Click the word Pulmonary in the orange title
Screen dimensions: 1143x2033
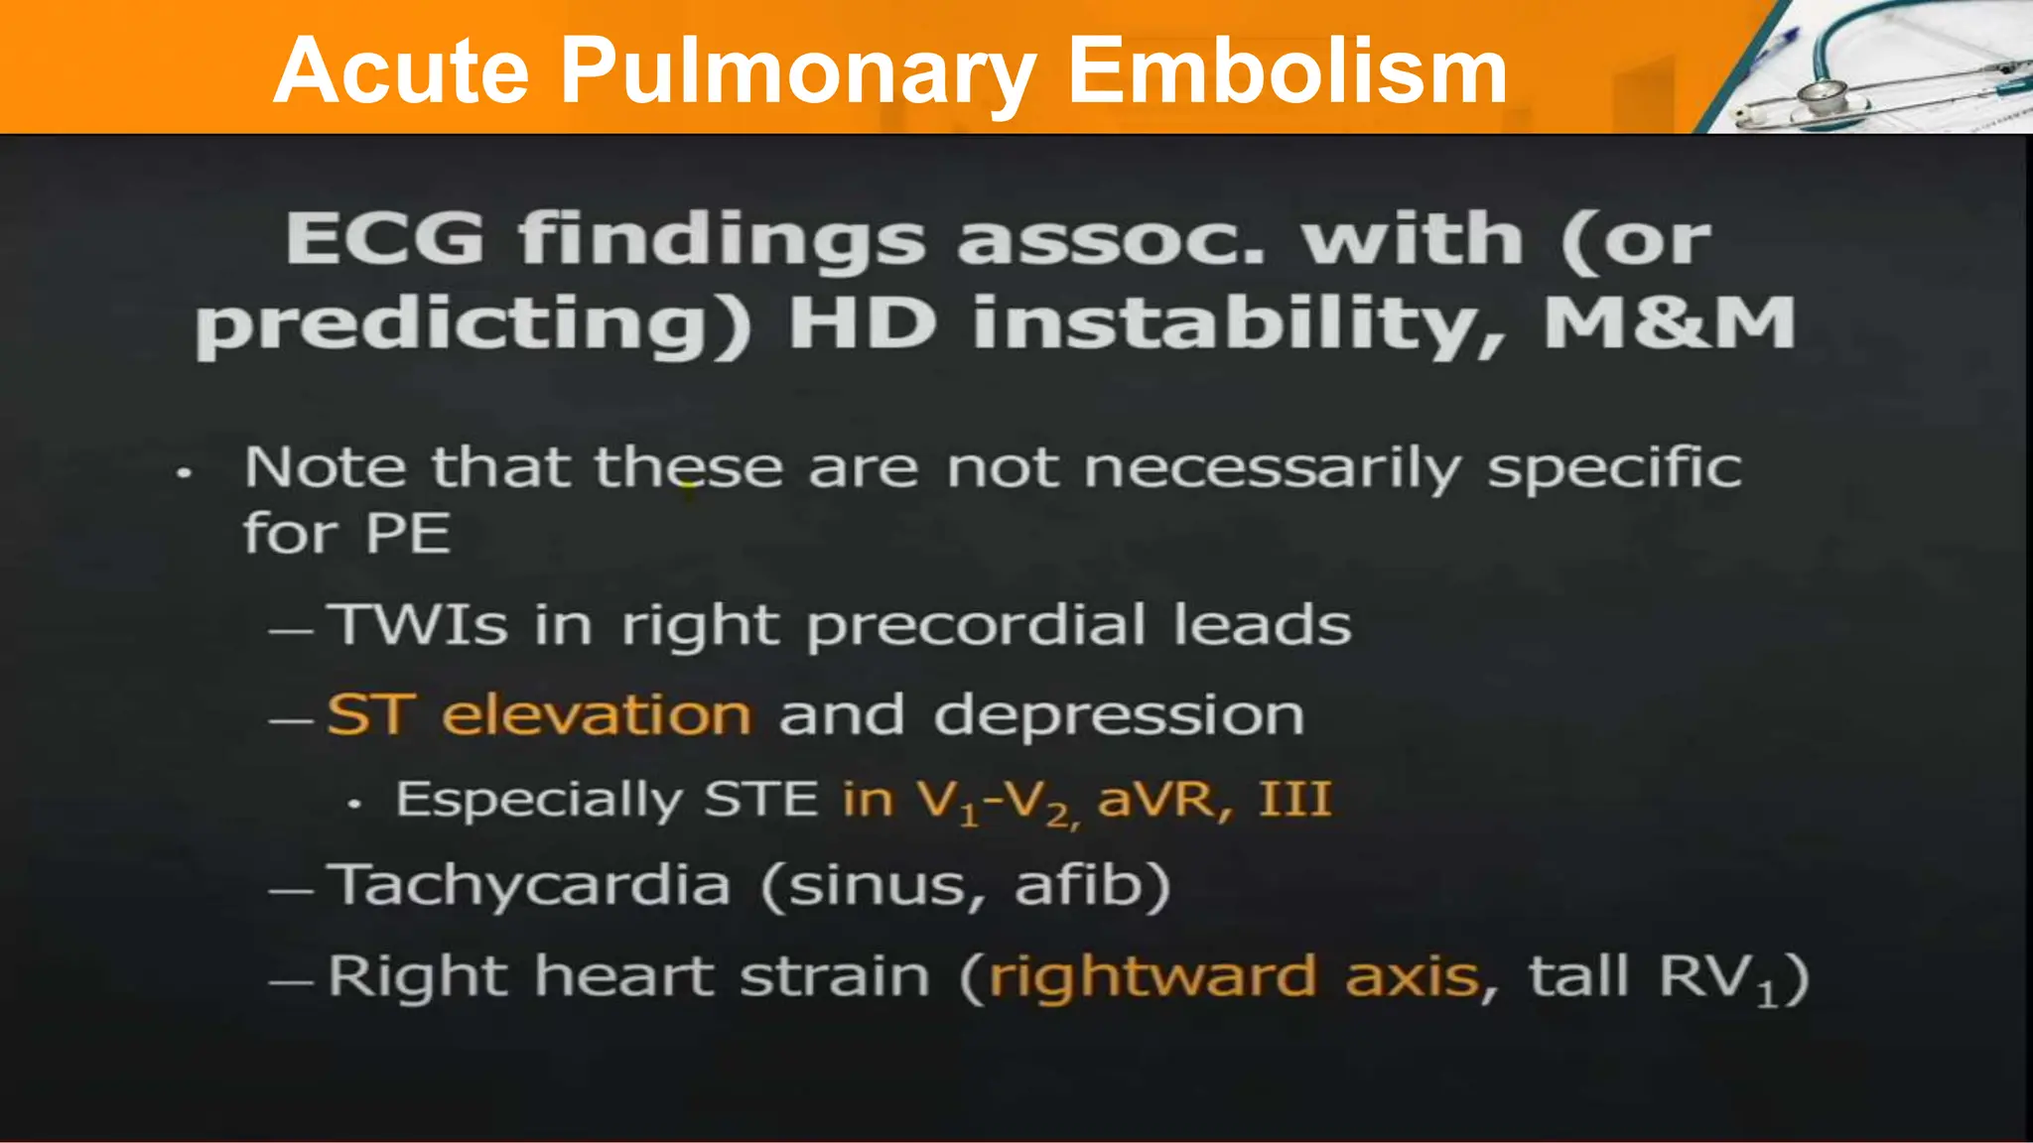[x=797, y=72]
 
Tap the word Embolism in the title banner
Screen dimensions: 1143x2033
[x=1288, y=70]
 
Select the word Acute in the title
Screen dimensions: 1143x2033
[x=401, y=70]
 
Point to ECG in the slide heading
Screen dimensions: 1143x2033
[x=384, y=239]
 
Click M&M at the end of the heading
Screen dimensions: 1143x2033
[x=1669, y=323]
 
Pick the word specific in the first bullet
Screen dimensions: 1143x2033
[x=1614, y=468]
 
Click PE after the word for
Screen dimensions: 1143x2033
[x=407, y=534]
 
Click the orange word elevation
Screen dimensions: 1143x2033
[x=597, y=714]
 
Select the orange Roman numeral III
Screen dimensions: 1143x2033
[x=1294, y=799]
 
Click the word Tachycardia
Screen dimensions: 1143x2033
[x=529, y=885]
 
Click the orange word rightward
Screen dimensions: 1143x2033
[x=1152, y=977]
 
